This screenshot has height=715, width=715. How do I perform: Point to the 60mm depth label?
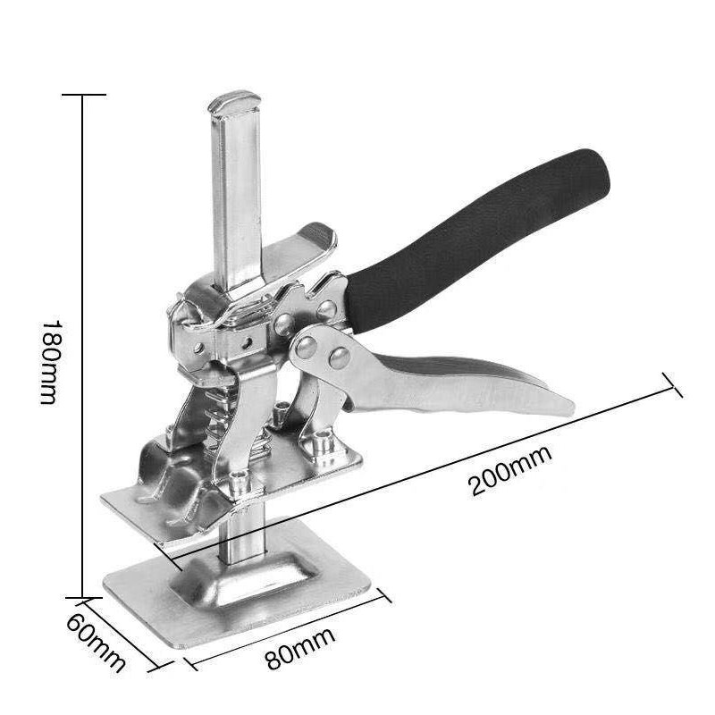[96, 642]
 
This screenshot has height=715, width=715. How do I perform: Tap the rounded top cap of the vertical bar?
[234, 102]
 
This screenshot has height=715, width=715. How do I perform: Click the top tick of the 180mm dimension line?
[84, 95]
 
